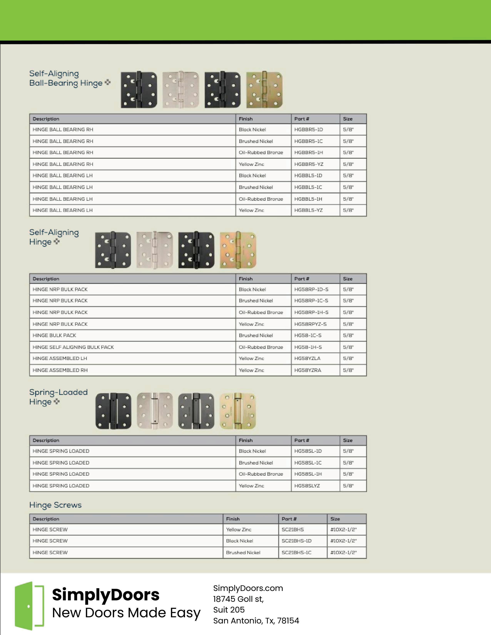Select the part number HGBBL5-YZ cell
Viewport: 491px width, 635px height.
[308, 210]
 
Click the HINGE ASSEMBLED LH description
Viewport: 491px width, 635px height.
[60, 358]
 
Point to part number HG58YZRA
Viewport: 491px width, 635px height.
[308, 370]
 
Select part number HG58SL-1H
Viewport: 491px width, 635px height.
[308, 474]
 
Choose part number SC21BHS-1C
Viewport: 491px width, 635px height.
[296, 552]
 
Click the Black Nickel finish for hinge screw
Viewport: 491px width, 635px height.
[240, 541]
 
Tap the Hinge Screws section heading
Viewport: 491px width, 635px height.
[55, 505]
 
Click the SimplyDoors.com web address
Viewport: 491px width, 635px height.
[248, 588]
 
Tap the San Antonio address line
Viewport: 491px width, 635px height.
[256, 621]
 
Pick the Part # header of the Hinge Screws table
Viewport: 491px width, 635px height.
[289, 519]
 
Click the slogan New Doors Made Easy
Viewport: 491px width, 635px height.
[126, 613]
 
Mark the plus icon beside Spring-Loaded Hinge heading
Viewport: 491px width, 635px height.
[57, 402]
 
